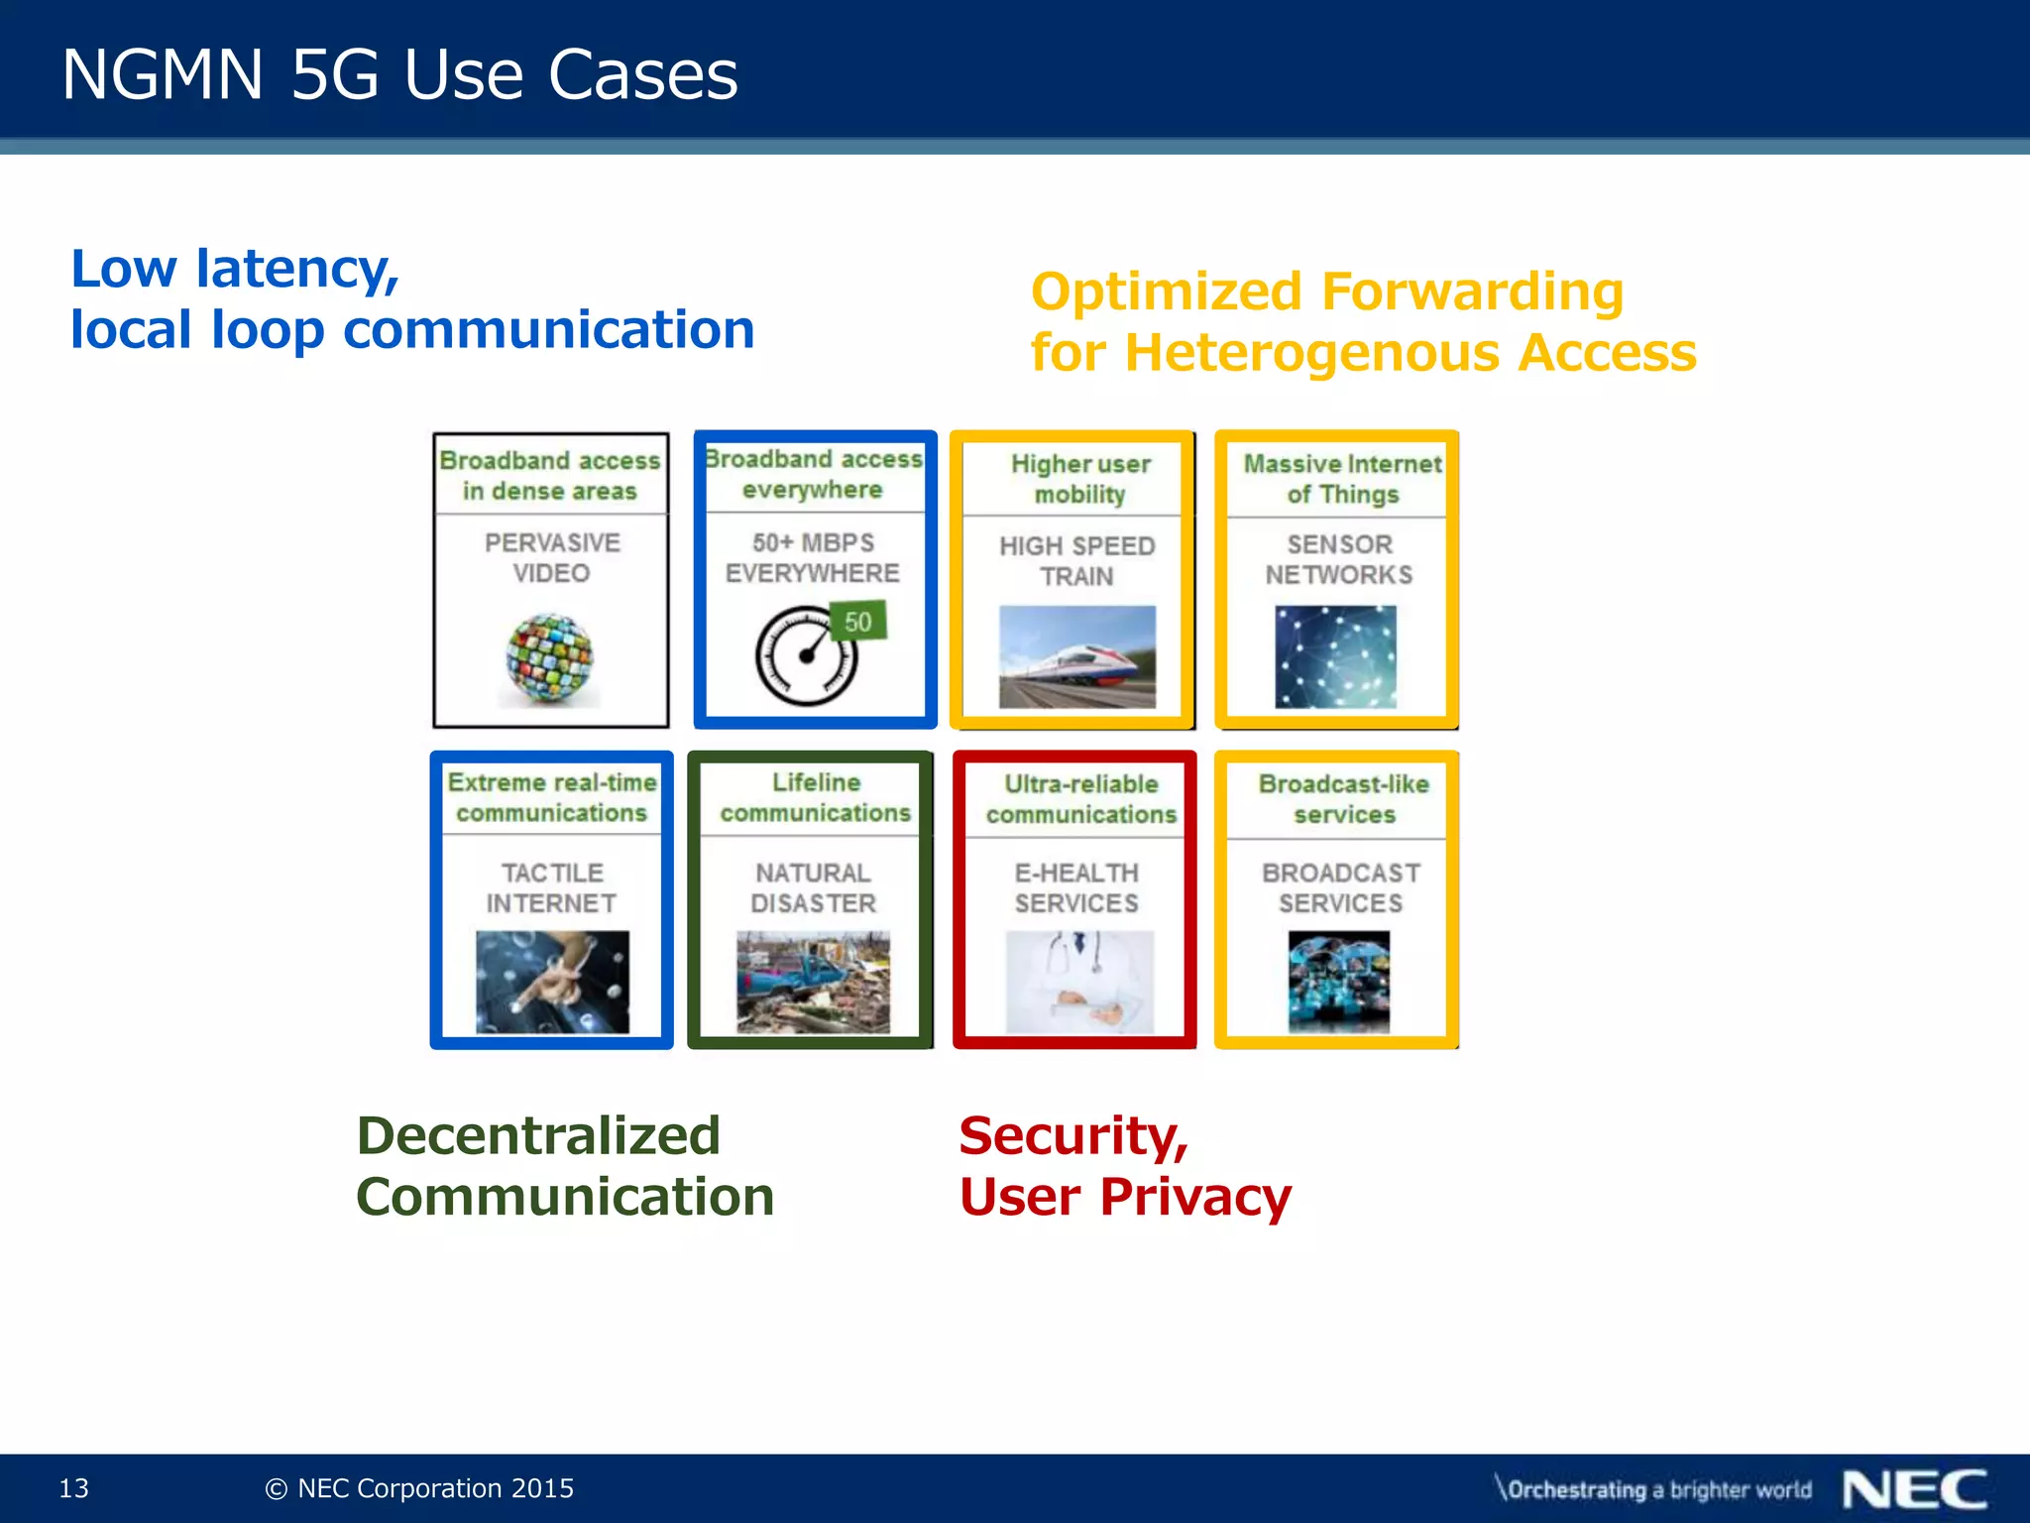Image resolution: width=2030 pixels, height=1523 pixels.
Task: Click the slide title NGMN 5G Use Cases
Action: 399,75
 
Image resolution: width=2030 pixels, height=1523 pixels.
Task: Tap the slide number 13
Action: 74,1488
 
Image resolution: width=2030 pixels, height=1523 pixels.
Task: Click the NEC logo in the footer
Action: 1914,1489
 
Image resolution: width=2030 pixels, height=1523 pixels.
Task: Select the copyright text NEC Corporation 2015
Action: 420,1488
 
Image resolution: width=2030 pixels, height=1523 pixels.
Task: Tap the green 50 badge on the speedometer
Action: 857,622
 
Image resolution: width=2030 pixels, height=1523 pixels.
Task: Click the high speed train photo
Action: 1077,656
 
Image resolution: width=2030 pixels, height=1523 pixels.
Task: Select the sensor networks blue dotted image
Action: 1335,656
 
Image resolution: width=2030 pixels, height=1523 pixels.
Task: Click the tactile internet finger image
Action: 552,982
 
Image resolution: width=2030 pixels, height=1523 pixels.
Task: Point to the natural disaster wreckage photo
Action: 813,982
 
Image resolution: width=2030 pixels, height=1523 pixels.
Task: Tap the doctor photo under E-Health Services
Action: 1078,982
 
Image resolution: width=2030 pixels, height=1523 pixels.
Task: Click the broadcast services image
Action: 1339,982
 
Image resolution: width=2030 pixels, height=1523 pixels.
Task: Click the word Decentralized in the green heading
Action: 538,1136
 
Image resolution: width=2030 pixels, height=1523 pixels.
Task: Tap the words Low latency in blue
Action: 234,269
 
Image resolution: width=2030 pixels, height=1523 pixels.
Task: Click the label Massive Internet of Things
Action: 1342,479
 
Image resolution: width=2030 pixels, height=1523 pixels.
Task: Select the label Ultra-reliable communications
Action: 1080,799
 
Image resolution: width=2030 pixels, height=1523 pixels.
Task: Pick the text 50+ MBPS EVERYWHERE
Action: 813,557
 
